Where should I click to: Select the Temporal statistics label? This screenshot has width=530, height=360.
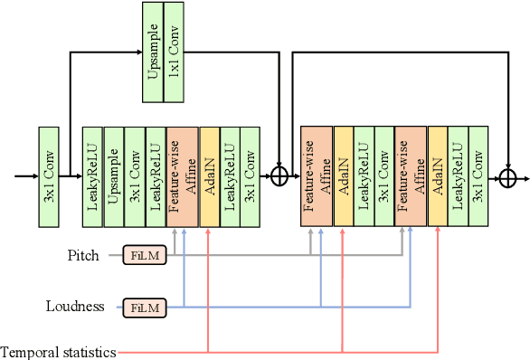(x=58, y=352)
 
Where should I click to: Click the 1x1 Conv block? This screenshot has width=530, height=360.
(x=175, y=52)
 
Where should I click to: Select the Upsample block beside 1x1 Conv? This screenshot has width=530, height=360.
(x=154, y=52)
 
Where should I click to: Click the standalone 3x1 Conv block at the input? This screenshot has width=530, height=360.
(x=48, y=176)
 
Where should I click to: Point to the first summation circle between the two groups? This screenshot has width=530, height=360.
(x=279, y=176)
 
